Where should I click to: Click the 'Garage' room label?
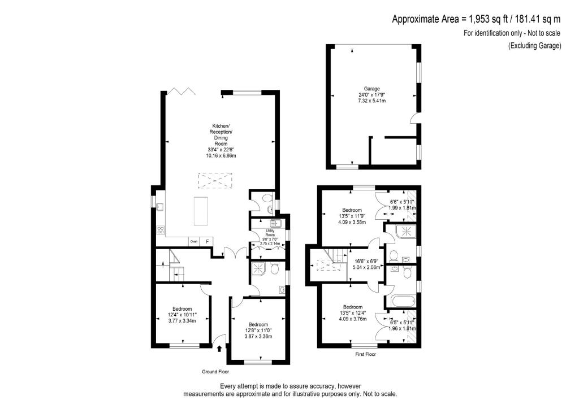click(371, 89)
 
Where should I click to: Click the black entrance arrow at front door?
click(219, 350)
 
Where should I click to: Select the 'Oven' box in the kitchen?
click(194, 241)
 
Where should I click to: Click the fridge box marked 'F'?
click(207, 241)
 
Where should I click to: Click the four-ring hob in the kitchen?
click(160, 230)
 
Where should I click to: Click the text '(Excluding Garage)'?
click(534, 46)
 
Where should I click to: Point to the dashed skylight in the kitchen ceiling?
click(215, 181)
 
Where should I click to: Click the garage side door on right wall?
click(414, 118)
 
